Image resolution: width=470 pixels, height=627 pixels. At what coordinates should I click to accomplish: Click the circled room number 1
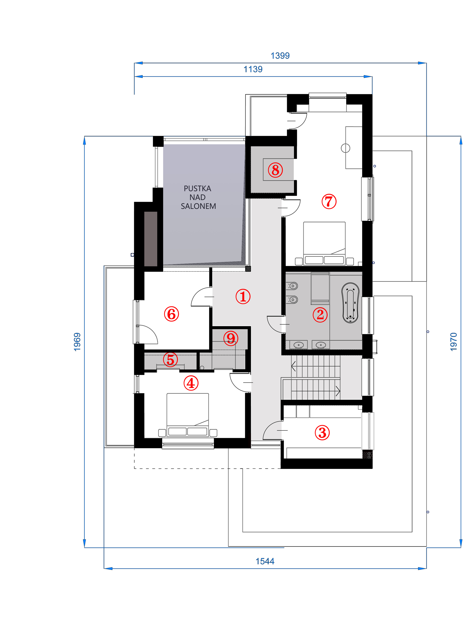[x=243, y=297]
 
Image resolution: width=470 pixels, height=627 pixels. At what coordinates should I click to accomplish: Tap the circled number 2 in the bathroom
[x=320, y=315]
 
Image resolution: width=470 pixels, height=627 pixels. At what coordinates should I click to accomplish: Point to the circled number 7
[x=329, y=201]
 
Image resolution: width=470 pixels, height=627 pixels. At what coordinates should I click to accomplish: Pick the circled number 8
[x=275, y=170]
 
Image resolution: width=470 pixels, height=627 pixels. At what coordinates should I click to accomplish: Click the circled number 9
[x=231, y=338]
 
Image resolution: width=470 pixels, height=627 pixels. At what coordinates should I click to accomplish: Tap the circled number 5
[x=170, y=359]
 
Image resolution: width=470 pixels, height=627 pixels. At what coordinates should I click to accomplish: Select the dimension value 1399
[x=280, y=56]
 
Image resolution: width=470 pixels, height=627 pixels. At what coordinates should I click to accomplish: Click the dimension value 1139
[x=253, y=69]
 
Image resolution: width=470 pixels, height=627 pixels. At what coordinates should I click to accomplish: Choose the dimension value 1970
[x=453, y=342]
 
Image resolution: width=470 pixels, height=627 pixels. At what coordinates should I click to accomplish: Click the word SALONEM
[x=198, y=206]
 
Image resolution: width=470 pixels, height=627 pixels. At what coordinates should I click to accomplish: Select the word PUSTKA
[x=197, y=188]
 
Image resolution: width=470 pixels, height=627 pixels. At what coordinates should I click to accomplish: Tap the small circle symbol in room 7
[x=345, y=148]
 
